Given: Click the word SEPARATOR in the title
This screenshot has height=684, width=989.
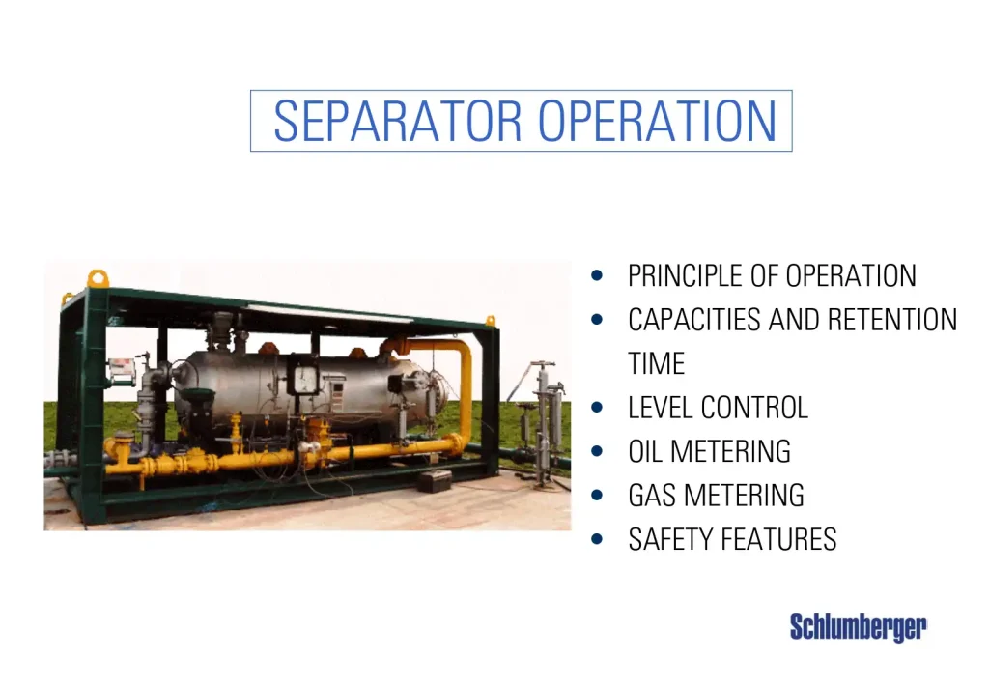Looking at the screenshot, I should [400, 122].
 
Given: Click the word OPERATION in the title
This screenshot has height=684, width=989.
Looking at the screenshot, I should [657, 122].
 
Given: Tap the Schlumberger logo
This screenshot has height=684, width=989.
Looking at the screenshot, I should [858, 627].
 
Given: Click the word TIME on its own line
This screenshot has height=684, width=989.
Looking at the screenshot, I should [656, 364].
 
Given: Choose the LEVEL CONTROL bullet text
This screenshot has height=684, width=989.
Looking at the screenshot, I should [718, 408].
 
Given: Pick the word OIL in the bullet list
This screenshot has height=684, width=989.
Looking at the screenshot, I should [646, 451].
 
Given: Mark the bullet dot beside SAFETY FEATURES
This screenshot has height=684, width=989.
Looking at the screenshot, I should [599, 539].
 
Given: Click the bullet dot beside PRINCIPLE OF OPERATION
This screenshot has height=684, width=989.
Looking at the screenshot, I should [599, 276].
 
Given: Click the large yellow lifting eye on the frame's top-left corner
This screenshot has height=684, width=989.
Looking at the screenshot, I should [99, 279].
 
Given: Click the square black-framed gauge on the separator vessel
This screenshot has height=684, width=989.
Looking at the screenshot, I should [304, 376].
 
